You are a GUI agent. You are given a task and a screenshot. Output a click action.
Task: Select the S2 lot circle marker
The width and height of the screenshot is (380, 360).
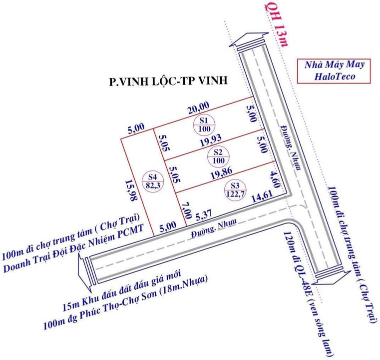coord(217,155)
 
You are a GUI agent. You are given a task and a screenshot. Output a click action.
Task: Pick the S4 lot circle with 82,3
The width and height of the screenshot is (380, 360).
coord(153,180)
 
